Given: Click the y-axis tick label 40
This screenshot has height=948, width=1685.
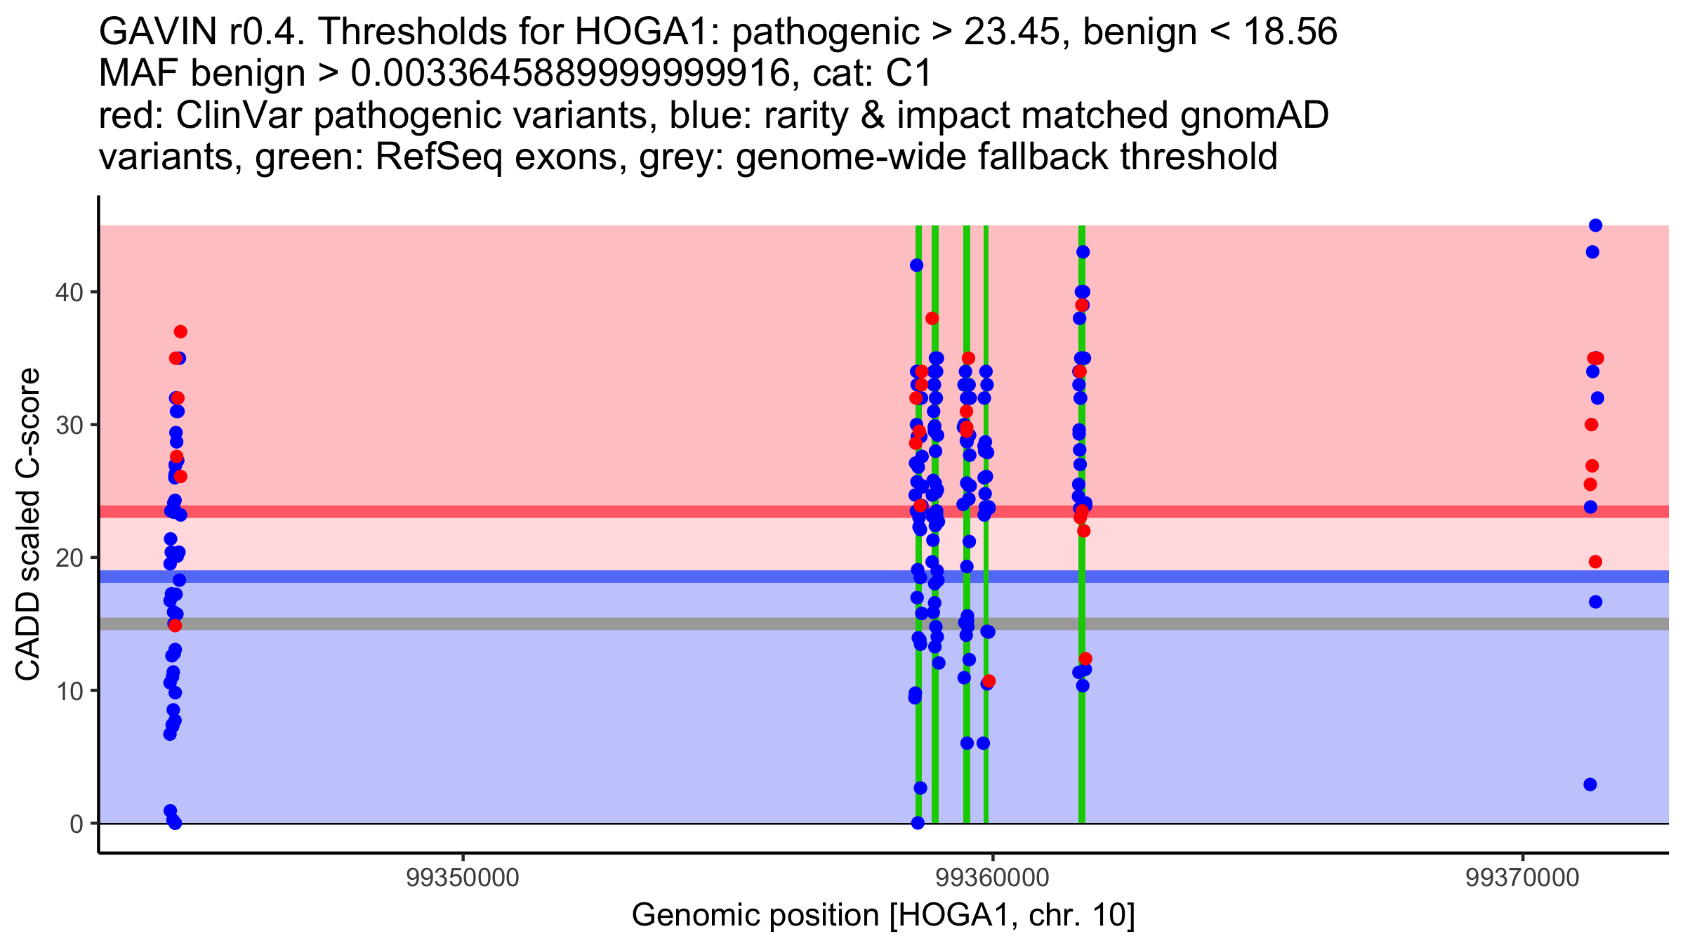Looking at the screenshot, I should [x=69, y=292].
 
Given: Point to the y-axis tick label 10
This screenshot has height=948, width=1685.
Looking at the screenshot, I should [x=69, y=691].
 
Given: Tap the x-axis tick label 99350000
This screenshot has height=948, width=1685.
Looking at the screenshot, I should [x=463, y=878].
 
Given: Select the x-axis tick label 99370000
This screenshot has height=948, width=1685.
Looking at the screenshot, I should [x=1522, y=878].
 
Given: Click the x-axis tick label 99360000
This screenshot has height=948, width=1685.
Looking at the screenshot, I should [x=993, y=878].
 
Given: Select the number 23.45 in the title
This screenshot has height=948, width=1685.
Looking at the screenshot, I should [x=1012, y=32].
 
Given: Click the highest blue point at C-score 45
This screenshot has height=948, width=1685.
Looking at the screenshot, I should [x=1595, y=225].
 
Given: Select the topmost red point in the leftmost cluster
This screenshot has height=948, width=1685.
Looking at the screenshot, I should [x=180, y=331].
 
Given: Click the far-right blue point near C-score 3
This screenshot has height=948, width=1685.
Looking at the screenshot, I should [x=1590, y=784].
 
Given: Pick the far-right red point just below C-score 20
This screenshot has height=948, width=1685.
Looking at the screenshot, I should [x=1595, y=562].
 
